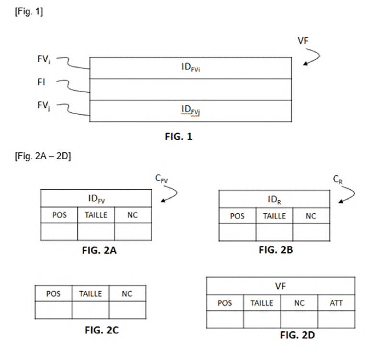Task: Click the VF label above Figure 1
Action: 303,41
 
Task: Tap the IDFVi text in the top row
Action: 191,67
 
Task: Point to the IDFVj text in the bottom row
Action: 191,110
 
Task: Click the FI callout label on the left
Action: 41,82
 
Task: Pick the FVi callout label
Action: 44,59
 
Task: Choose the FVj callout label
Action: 44,106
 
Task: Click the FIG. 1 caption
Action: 178,137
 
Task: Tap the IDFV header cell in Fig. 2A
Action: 96,198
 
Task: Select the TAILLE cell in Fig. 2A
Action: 96,215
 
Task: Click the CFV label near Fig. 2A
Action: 162,178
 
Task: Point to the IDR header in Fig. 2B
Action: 274,199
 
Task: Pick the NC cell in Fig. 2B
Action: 311,216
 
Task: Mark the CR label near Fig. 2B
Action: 338,179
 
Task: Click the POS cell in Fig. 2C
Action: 54,294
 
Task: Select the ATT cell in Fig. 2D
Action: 336,303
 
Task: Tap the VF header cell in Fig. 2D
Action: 280,286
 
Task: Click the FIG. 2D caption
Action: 298,335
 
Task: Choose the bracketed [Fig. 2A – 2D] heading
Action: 43,156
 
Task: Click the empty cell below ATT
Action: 336,319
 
